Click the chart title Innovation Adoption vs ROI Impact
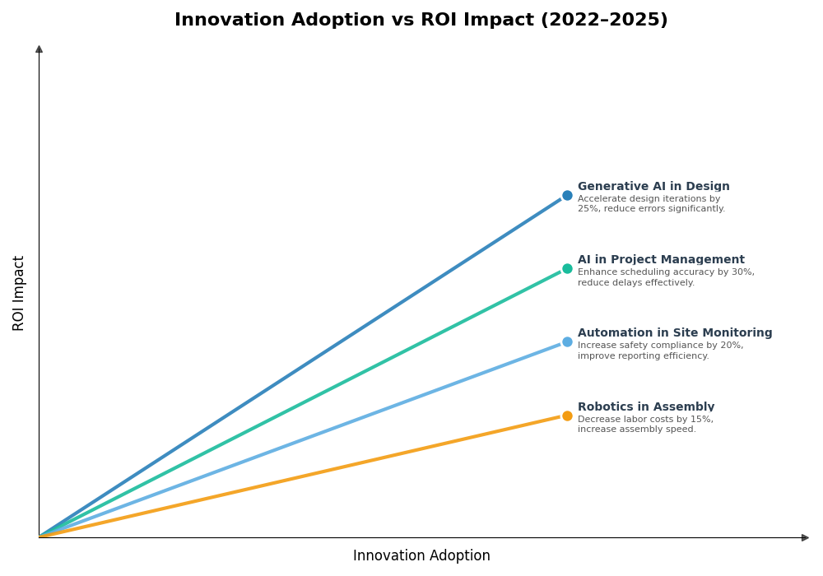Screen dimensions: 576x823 (x=421, y=20)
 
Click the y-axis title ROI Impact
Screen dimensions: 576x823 (x=19, y=293)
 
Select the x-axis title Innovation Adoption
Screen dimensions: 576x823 (x=421, y=556)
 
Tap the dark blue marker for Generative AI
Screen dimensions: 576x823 (x=567, y=196)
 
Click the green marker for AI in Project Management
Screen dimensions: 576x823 (x=567, y=269)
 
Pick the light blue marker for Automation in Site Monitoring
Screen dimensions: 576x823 (x=567, y=342)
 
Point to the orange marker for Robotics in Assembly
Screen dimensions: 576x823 (x=567, y=416)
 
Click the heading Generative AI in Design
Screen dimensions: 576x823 (x=653, y=187)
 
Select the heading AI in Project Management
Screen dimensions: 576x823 (x=661, y=260)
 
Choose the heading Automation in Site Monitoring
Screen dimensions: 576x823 (x=675, y=333)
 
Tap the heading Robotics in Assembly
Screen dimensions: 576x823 (x=646, y=407)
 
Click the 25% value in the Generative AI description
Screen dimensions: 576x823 (x=588, y=209)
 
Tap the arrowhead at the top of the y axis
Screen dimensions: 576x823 (x=39, y=49)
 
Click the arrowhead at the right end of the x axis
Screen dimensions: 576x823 (x=805, y=537)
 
